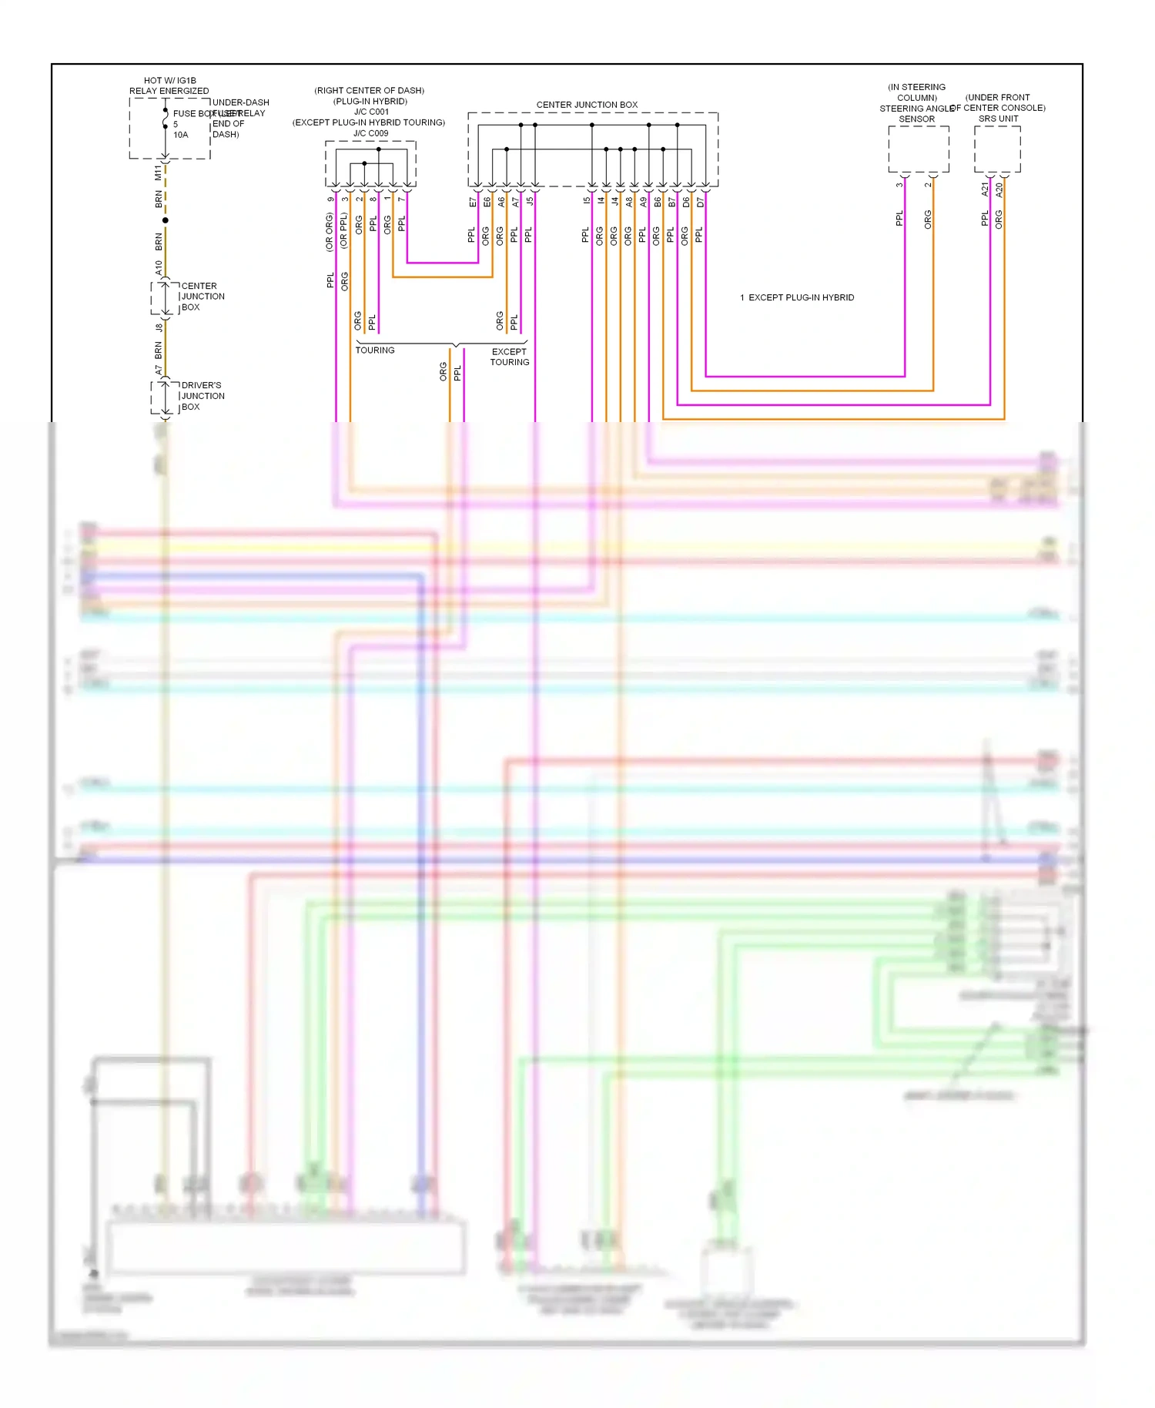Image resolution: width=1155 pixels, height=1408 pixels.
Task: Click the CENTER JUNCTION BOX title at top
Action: [587, 105]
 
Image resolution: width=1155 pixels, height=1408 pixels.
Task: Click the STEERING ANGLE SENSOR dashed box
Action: [918, 149]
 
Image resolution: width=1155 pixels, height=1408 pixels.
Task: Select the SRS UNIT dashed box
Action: [997, 149]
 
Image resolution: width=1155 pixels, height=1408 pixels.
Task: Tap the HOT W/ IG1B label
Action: [169, 80]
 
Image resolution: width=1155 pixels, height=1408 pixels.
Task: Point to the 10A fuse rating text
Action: [181, 135]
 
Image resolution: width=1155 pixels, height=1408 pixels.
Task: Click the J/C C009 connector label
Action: [370, 133]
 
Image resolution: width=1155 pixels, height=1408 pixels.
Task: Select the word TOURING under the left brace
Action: [375, 350]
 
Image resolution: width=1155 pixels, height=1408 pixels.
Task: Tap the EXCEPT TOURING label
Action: [510, 357]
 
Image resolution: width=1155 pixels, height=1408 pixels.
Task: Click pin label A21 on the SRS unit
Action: [985, 189]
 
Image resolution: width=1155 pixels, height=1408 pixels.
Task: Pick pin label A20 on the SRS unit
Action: [999, 189]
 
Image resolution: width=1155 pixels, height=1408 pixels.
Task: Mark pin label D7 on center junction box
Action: [701, 202]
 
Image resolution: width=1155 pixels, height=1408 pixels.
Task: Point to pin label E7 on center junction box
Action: [473, 202]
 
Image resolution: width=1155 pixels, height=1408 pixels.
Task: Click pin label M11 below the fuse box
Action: [159, 173]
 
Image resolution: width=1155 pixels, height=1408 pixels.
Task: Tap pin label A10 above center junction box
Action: [159, 267]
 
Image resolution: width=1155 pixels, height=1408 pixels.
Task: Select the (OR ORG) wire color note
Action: [330, 232]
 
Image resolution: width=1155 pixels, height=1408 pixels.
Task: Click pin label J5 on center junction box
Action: [530, 201]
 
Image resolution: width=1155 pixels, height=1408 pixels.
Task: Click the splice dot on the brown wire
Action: [166, 220]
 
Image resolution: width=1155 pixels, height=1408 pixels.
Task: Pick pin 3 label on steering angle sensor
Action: [899, 185]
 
